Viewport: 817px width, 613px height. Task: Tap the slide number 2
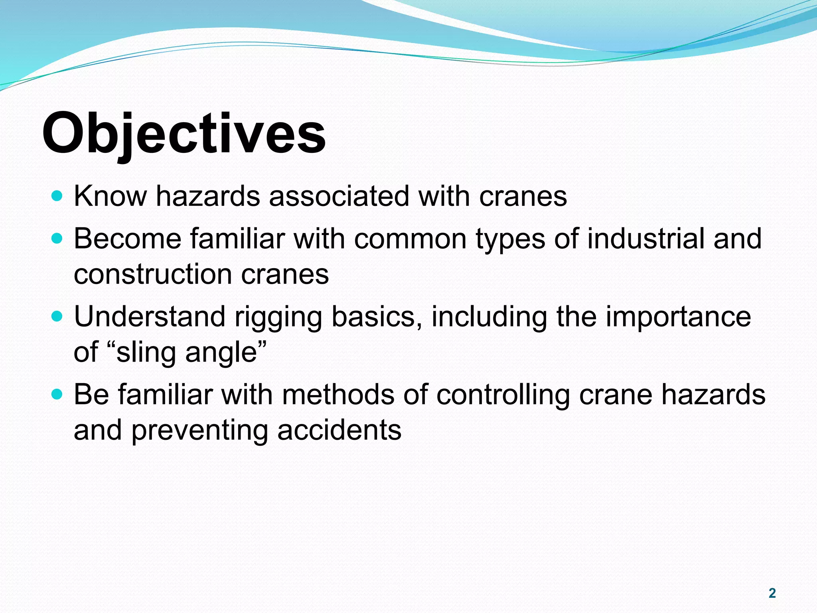tap(772, 593)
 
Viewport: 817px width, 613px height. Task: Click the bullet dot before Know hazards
tap(57, 196)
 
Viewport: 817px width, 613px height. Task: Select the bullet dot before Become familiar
tap(57, 239)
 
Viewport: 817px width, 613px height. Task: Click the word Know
tap(110, 196)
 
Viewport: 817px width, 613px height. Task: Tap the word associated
tap(339, 196)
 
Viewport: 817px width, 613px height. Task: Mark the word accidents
tap(339, 431)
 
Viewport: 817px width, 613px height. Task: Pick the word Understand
tap(150, 317)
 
